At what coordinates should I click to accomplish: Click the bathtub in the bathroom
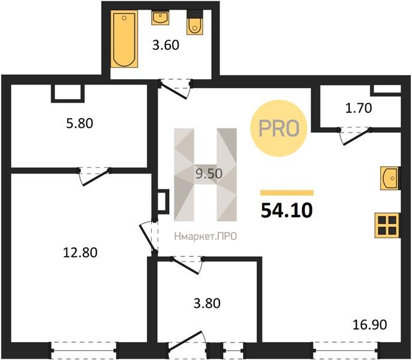[x=124, y=39]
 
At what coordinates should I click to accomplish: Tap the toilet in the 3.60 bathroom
[x=195, y=23]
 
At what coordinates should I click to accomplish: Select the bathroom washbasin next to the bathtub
[x=160, y=18]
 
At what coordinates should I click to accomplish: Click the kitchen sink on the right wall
[x=390, y=178]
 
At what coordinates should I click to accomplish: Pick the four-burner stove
[x=387, y=226]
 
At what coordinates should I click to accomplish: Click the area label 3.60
[x=166, y=45]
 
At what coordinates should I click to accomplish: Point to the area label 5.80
[x=80, y=124]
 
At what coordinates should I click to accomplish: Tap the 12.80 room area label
[x=80, y=253]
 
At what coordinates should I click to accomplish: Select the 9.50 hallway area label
[x=209, y=173]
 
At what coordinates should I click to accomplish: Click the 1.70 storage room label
[x=359, y=108]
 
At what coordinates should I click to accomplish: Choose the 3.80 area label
[x=207, y=303]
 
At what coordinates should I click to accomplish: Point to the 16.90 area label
[x=369, y=325]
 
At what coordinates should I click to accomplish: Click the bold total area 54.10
[x=287, y=211]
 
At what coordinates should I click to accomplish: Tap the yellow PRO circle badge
[x=279, y=128]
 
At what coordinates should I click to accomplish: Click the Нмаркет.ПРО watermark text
[x=206, y=236]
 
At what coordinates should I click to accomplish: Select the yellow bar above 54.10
[x=287, y=193]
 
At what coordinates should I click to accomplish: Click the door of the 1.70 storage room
[x=354, y=136]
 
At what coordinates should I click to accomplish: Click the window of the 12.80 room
[x=84, y=350]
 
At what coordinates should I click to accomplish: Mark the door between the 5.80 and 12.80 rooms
[x=94, y=176]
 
